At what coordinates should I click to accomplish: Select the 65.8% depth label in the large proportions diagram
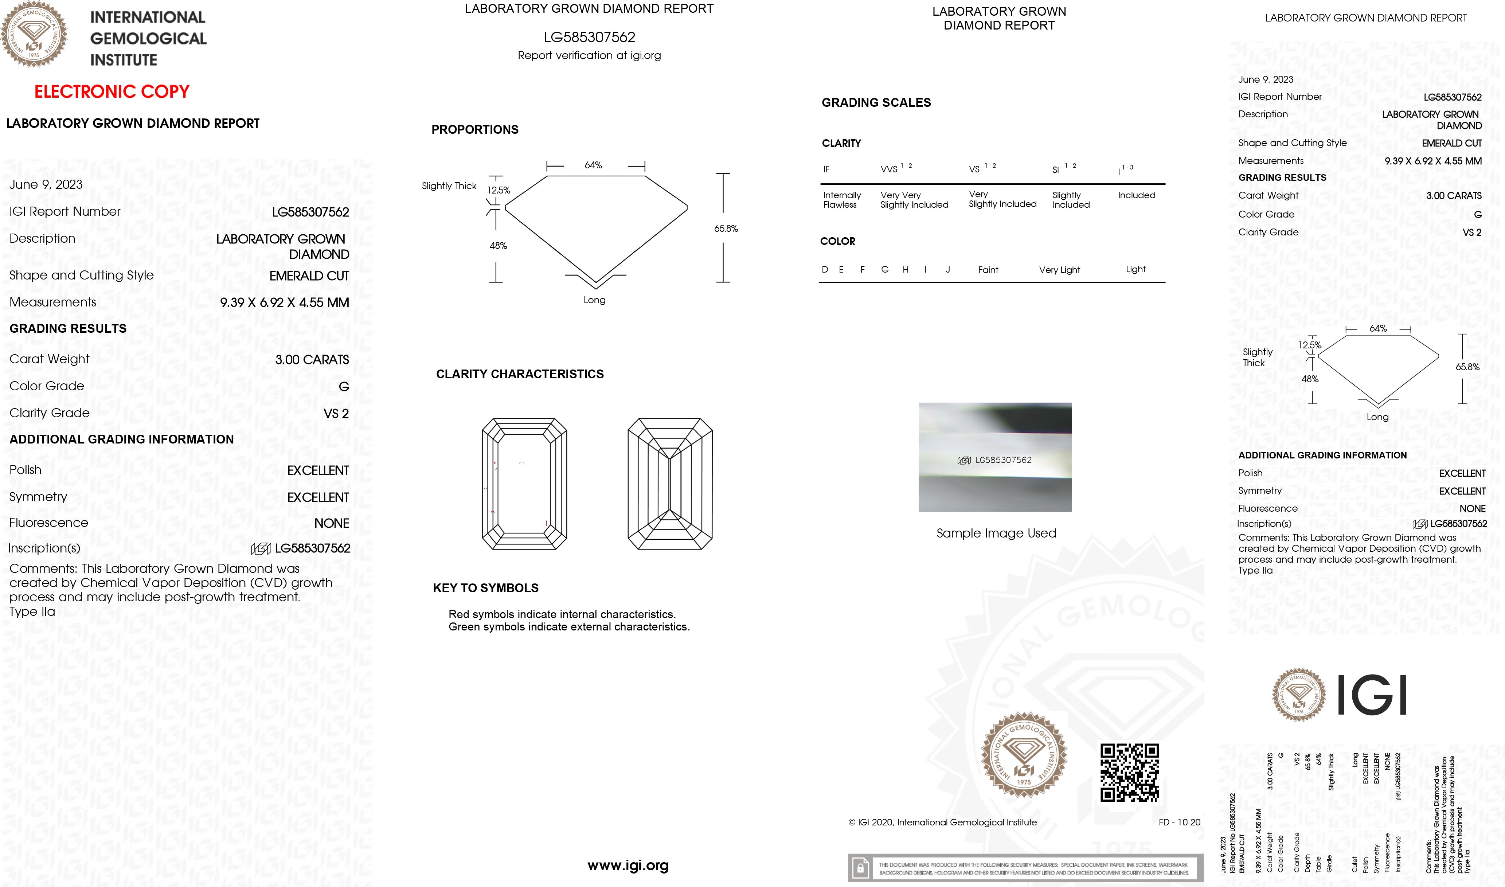coord(726,228)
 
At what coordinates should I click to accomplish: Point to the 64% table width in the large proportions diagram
coord(593,165)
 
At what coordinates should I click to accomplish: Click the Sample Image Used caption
coord(996,533)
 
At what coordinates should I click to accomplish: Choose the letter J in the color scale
coord(948,270)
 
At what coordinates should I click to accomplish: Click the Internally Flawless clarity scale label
coord(841,200)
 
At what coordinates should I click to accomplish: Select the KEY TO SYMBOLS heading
coord(485,588)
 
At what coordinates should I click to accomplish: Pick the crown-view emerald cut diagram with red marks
coord(524,484)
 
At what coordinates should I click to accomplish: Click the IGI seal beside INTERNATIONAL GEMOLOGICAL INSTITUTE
coord(34,34)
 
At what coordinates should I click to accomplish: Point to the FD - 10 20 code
coord(1178,822)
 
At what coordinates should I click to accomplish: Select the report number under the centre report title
coord(589,37)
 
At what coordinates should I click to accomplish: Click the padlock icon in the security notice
coord(860,868)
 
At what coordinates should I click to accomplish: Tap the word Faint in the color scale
coord(988,270)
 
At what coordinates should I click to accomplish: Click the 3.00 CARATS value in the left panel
coord(312,360)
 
